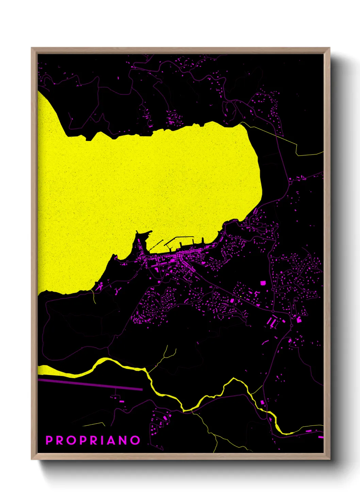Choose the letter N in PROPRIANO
(x=124, y=440)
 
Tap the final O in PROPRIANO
(x=136, y=440)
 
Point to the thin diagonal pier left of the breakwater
(x=156, y=244)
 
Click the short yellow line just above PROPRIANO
(x=94, y=424)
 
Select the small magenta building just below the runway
(x=121, y=401)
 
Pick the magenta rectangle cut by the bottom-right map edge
(x=321, y=437)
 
